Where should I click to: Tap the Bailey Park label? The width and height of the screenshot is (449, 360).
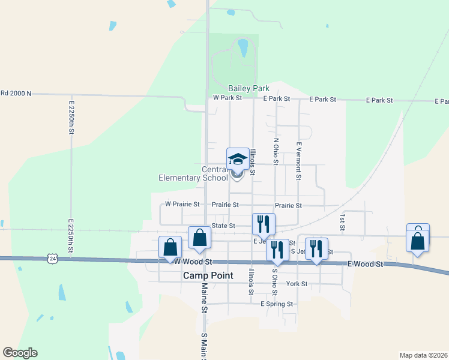(249, 88)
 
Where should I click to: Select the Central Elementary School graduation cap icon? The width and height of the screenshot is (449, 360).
(238, 159)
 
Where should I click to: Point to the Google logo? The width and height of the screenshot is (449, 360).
(20, 353)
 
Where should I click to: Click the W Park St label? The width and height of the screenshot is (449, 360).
(228, 98)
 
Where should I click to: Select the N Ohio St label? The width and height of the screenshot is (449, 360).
(276, 152)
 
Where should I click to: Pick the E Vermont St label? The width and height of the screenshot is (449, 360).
(298, 161)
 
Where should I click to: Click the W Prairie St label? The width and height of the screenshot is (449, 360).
(179, 205)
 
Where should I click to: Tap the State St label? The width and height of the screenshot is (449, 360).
(223, 226)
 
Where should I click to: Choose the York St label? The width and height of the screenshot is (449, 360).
(297, 284)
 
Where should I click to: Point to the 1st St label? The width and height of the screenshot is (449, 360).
(342, 222)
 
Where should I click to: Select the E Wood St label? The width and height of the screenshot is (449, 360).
(365, 264)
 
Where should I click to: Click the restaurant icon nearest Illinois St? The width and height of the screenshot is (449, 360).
(264, 224)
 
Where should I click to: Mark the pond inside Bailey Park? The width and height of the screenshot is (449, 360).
(243, 48)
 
